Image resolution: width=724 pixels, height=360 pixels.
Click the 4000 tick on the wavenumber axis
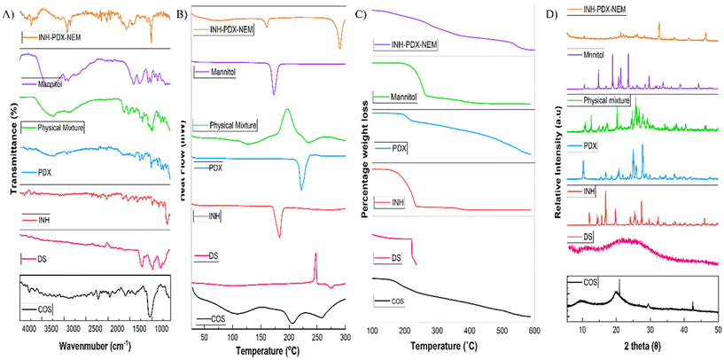(29, 329)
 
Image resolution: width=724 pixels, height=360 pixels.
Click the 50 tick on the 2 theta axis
(718, 329)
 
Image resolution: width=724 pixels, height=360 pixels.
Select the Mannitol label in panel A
(53, 83)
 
